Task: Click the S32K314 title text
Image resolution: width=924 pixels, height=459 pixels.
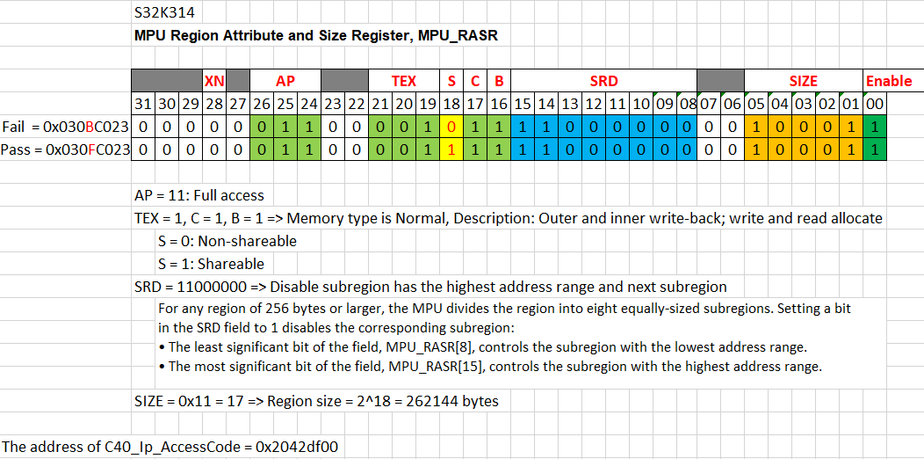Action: click(x=164, y=13)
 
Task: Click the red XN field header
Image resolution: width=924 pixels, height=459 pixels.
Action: click(x=214, y=81)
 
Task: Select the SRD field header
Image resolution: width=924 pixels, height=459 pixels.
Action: click(x=603, y=81)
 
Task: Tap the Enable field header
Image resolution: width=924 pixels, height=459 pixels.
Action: click(x=889, y=81)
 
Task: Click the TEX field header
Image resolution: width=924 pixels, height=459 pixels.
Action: click(x=403, y=81)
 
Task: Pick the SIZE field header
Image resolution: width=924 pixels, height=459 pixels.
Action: click(x=803, y=81)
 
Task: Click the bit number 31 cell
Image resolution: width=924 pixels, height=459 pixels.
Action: click(x=143, y=104)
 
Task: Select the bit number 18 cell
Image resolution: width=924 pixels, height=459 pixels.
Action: click(x=451, y=104)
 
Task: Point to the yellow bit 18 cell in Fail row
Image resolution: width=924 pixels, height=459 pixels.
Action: click(x=451, y=127)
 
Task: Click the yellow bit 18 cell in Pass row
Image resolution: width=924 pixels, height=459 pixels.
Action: click(x=451, y=149)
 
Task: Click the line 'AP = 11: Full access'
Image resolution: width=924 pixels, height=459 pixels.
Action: click(x=199, y=195)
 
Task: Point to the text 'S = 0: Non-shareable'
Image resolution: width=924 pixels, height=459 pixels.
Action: click(x=227, y=241)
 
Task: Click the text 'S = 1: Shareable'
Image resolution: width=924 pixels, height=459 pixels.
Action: click(x=211, y=264)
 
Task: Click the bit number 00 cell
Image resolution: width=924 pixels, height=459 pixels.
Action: click(x=875, y=104)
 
